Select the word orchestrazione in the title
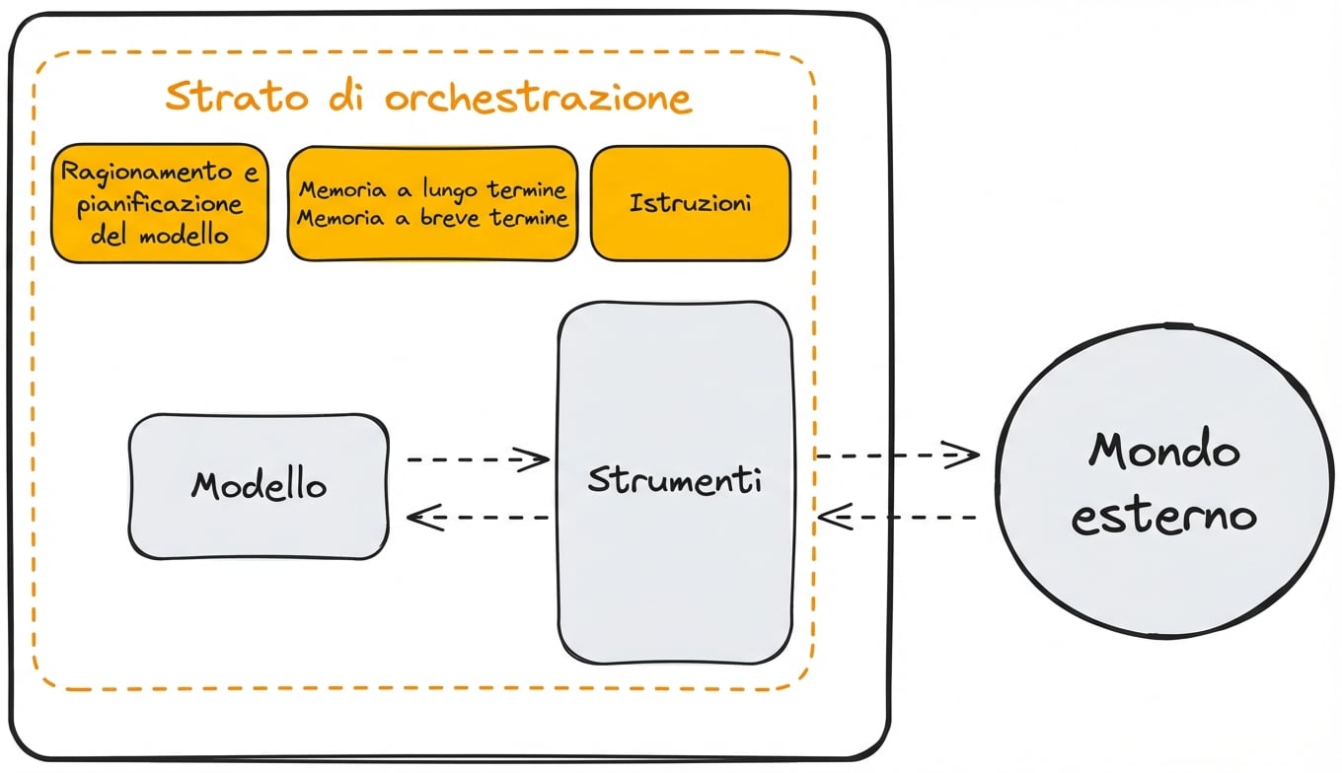[x=538, y=99]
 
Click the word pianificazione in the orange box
[x=160, y=204]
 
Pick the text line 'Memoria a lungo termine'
[x=432, y=188]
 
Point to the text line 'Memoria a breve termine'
[x=432, y=218]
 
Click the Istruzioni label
[x=690, y=203]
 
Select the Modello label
[x=259, y=484]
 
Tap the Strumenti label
[x=674, y=480]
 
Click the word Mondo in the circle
[x=1164, y=451]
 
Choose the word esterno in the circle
[x=1164, y=517]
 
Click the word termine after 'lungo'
[x=526, y=188]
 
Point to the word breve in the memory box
[x=450, y=218]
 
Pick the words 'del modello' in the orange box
[x=160, y=236]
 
